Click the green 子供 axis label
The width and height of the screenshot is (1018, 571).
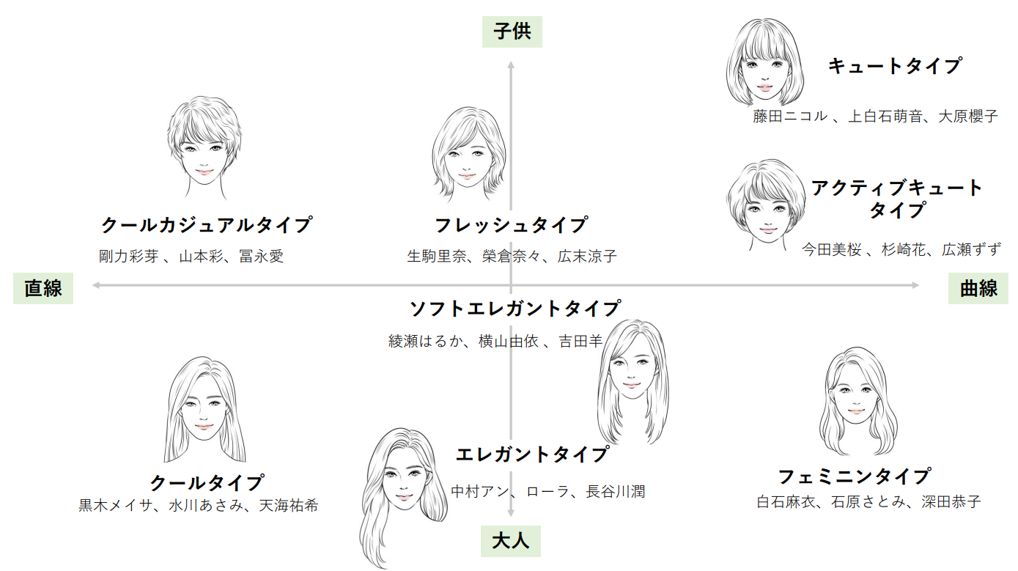(x=512, y=32)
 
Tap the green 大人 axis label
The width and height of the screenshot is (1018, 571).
(x=510, y=542)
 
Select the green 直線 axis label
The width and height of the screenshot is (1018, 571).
(x=43, y=288)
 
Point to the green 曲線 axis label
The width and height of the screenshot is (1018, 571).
(x=978, y=288)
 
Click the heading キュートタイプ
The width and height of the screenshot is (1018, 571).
(x=894, y=66)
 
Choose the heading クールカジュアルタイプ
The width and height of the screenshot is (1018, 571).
(x=206, y=224)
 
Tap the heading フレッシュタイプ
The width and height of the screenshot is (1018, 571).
(x=511, y=224)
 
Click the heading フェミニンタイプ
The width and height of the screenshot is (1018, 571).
(x=854, y=476)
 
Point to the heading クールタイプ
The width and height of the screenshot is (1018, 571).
(x=206, y=483)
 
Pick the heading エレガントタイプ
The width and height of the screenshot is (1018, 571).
(x=532, y=454)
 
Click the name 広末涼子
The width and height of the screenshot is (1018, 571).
(x=587, y=257)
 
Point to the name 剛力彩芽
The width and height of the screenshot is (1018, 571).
(x=128, y=257)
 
